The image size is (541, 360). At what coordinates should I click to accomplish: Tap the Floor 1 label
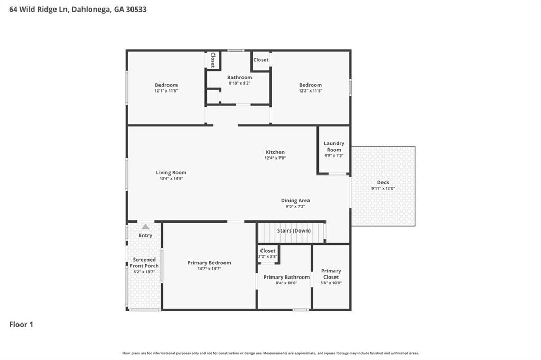pyautogui.click(x=21, y=325)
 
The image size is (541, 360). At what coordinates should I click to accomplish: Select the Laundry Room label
pyautogui.click(x=334, y=146)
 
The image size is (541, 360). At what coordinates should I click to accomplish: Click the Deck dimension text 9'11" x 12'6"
pyautogui.click(x=383, y=189)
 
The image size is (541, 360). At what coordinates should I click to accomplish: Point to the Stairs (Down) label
pyautogui.click(x=294, y=231)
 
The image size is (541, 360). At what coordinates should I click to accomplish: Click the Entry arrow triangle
pyautogui.click(x=145, y=226)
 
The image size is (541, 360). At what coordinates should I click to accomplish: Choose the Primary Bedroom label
pyautogui.click(x=209, y=263)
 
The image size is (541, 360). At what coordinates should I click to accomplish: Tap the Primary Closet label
pyautogui.click(x=331, y=274)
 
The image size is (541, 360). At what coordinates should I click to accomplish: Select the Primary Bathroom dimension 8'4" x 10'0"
pyautogui.click(x=286, y=283)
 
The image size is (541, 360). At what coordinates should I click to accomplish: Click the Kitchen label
pyautogui.click(x=275, y=152)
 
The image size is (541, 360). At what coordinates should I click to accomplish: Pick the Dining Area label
pyautogui.click(x=295, y=200)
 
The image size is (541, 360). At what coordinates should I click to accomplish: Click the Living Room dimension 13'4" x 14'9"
pyautogui.click(x=171, y=179)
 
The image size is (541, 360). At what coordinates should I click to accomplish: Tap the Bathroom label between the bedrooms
pyautogui.click(x=240, y=77)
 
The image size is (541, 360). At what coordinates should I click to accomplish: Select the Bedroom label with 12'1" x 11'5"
pyautogui.click(x=166, y=85)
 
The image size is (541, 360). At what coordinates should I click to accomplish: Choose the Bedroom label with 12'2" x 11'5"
pyautogui.click(x=310, y=85)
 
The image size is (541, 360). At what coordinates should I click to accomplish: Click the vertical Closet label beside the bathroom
pyautogui.click(x=213, y=60)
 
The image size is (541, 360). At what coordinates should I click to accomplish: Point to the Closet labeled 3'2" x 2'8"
pyautogui.click(x=268, y=251)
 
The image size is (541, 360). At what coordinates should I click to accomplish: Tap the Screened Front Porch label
pyautogui.click(x=144, y=263)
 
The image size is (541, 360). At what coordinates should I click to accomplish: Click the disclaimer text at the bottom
pyautogui.click(x=270, y=353)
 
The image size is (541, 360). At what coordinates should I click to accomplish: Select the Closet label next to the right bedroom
pyautogui.click(x=260, y=60)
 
